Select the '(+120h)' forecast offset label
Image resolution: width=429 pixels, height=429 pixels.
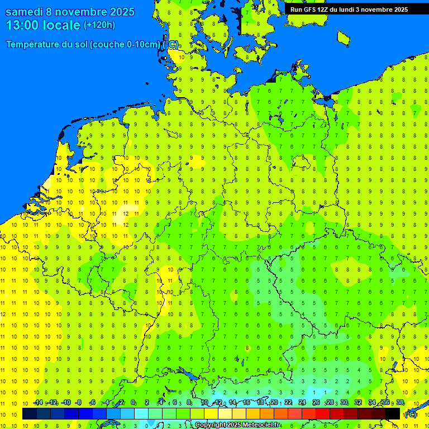click(x=99, y=25)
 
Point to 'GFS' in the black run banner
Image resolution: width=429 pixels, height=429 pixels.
click(x=309, y=9)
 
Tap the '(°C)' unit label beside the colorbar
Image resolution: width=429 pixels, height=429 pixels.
click(x=410, y=414)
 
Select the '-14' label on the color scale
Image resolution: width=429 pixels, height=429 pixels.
click(x=37, y=402)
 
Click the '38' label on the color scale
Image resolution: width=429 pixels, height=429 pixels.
click(x=400, y=402)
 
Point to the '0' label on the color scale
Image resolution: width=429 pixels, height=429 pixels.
click(x=133, y=402)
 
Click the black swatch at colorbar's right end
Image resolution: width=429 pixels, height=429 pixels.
click(x=393, y=413)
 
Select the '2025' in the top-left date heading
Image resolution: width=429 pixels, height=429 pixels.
click(x=122, y=12)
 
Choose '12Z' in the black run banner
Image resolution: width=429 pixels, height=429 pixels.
click(x=323, y=9)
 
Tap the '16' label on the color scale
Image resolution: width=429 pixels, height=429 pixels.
click(x=246, y=402)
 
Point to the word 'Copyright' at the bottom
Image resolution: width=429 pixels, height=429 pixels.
click(x=210, y=425)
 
